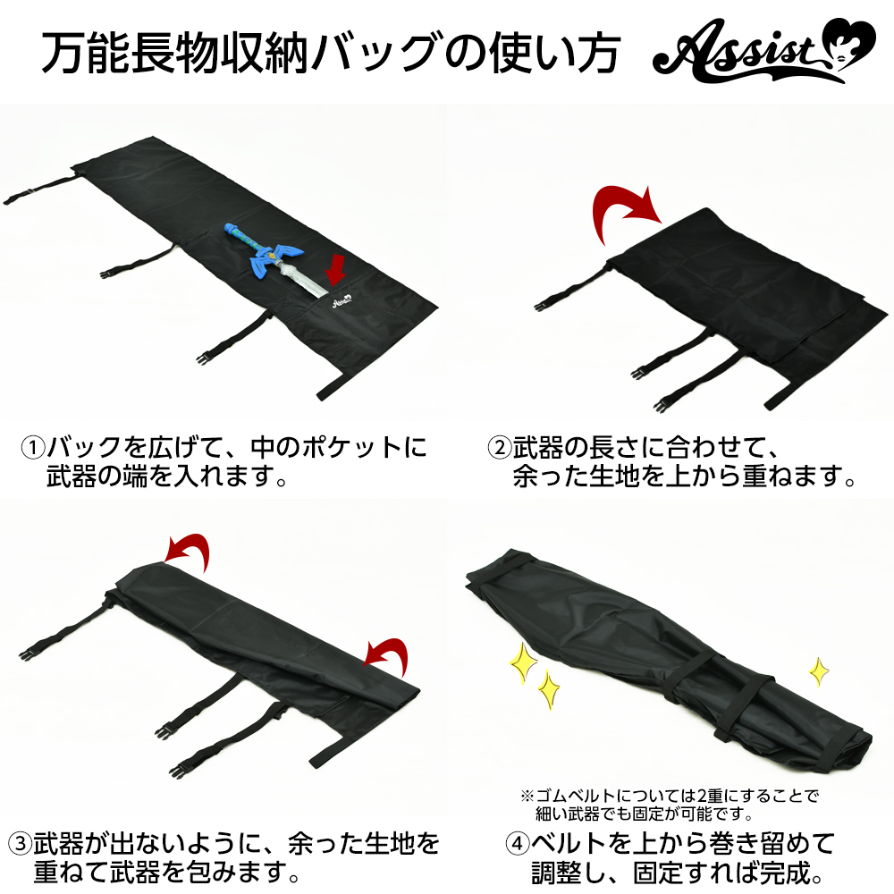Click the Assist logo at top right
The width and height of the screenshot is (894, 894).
(764, 50)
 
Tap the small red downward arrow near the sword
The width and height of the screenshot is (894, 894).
(336, 270)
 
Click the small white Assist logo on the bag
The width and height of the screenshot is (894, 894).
(342, 302)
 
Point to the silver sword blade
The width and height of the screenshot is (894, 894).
(303, 279)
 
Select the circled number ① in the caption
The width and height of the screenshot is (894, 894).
(33, 447)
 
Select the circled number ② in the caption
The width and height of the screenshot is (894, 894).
(500, 447)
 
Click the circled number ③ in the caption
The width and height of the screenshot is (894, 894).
(20, 843)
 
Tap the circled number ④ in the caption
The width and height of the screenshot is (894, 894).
(518, 843)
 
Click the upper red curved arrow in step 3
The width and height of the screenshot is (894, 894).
(188, 551)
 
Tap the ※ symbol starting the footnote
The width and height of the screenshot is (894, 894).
(527, 796)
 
